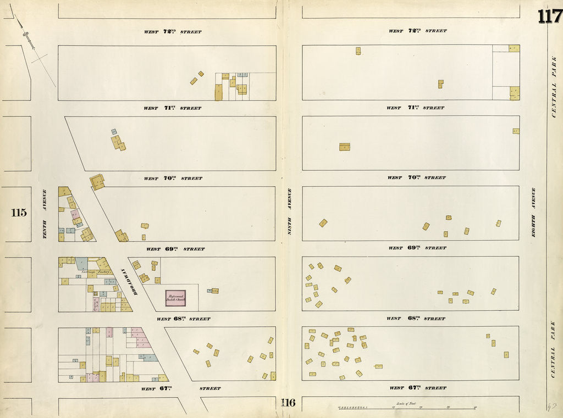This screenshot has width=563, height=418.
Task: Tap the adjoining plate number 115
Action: click(x=19, y=213)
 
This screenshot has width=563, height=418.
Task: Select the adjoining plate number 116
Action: click(x=288, y=403)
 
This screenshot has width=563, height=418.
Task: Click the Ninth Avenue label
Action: click(x=290, y=211)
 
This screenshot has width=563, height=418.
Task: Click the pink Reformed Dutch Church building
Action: click(x=175, y=298)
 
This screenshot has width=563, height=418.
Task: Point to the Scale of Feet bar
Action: click(x=407, y=408)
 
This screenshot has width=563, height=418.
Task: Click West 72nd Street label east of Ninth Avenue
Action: click(x=417, y=31)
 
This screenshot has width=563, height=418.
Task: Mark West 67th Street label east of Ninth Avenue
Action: click(x=417, y=388)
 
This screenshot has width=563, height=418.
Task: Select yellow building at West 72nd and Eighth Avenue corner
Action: click(x=514, y=48)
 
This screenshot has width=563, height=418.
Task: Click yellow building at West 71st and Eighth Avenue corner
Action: click(x=515, y=93)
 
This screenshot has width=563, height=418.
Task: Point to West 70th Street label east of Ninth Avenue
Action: click(x=416, y=178)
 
